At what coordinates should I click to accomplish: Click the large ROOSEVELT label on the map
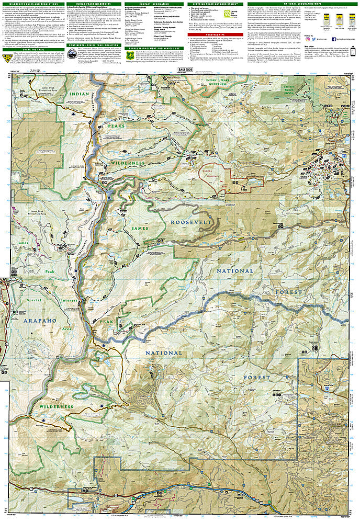point(191,222)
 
